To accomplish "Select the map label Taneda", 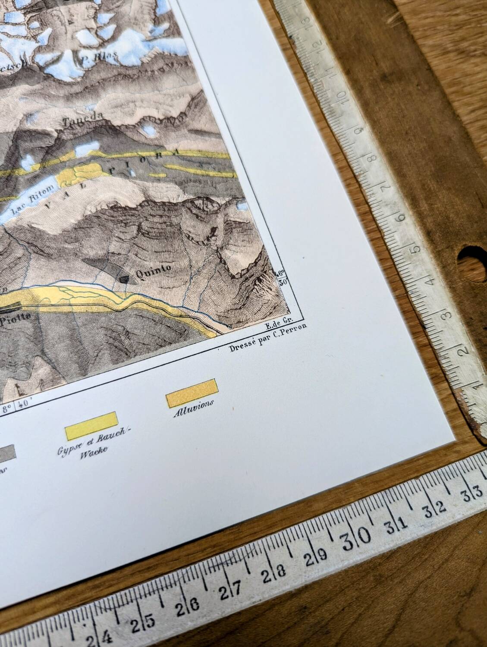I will click(83, 119).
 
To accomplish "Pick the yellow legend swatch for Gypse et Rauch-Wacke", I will click(91, 426).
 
